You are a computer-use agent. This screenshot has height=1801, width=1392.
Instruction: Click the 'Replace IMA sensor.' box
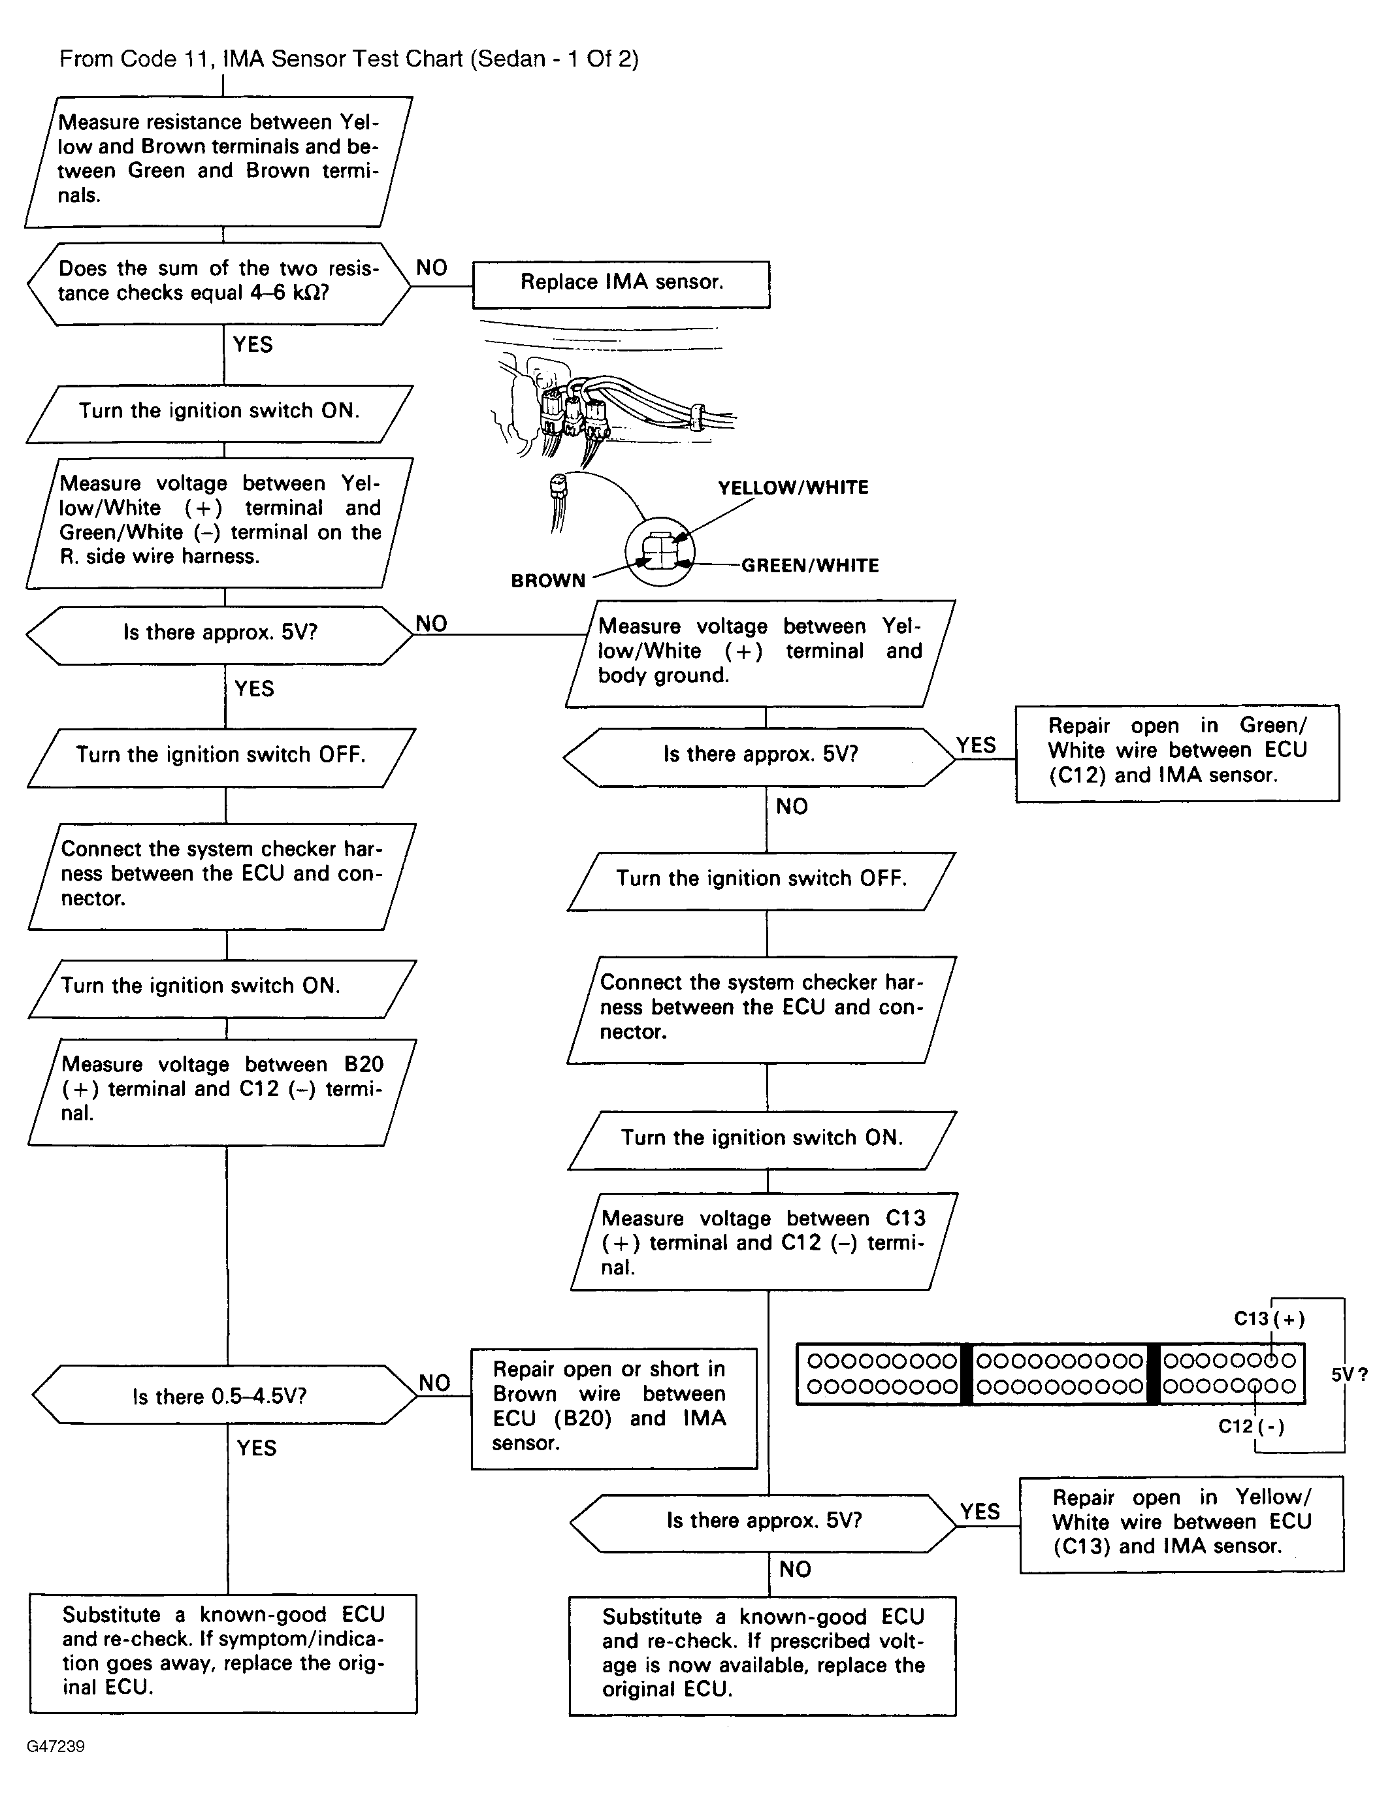[x=621, y=283]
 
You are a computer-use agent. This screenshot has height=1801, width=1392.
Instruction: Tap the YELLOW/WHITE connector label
[x=792, y=487]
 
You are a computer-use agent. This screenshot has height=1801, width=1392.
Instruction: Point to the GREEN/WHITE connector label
[x=810, y=566]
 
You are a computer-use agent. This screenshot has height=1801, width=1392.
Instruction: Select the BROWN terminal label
[x=547, y=581]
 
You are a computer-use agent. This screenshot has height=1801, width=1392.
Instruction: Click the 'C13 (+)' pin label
[x=1269, y=1319]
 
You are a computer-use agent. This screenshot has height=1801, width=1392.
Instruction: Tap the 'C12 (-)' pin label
[x=1250, y=1426]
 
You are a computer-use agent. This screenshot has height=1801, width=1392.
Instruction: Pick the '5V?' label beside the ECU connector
[x=1349, y=1374]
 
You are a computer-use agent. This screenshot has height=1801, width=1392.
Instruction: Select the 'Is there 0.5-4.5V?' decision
[x=220, y=1396]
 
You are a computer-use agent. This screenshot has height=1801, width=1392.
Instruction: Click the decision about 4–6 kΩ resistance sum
[x=219, y=281]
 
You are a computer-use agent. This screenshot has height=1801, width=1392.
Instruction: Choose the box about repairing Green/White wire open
[x=1177, y=751]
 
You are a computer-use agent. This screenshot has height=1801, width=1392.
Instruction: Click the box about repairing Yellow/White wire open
[x=1181, y=1522]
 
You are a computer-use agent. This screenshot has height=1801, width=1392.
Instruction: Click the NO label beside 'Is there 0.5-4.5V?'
[x=434, y=1383]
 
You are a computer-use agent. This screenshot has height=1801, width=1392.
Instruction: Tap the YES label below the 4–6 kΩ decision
[x=252, y=345]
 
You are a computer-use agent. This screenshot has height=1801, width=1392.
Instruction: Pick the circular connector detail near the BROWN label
[x=660, y=552]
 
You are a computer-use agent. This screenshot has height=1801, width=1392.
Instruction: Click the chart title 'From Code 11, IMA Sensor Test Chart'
[x=348, y=59]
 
